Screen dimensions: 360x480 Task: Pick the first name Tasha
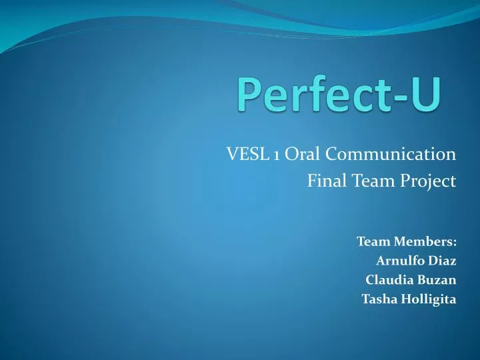pos(377,299)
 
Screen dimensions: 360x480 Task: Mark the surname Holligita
pos(427,299)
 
